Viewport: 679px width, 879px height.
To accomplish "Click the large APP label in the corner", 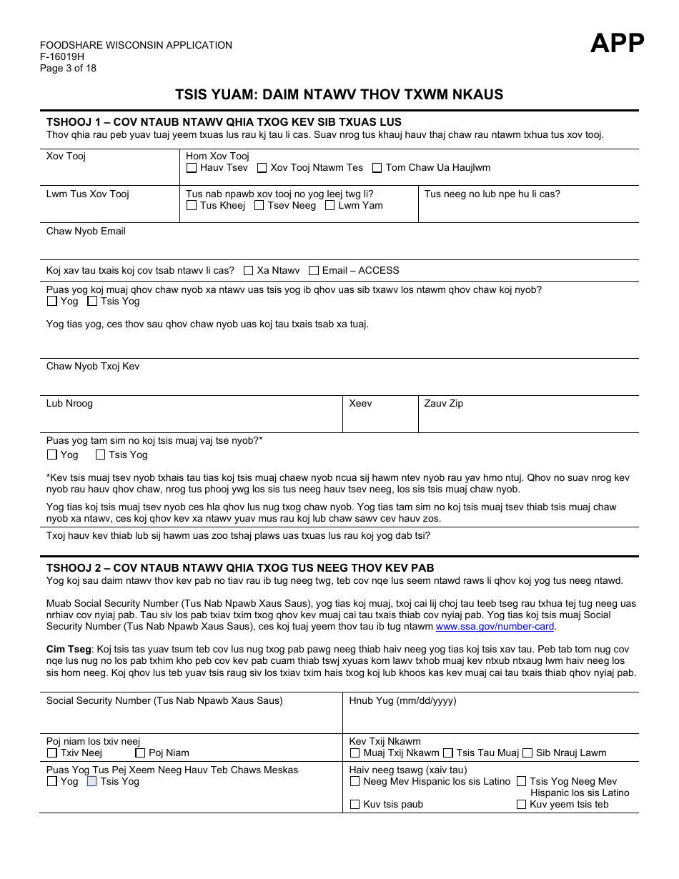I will coord(617,44).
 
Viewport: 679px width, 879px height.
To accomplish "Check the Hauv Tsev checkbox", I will coord(192,168).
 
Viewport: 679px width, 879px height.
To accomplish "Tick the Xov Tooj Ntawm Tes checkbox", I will coord(262,168).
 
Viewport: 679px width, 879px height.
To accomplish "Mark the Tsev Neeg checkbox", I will coord(259,206).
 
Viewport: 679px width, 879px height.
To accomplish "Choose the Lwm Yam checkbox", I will coord(329,206).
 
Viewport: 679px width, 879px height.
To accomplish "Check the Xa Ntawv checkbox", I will coord(248,271).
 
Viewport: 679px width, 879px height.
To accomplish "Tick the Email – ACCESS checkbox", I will coord(314,271).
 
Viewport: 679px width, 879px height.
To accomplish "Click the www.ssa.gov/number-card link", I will coord(495,627).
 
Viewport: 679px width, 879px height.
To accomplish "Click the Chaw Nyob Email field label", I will coord(86,232).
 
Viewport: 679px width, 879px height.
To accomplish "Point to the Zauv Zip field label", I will coord(444,404).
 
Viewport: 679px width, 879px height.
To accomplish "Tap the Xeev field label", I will coord(360,404).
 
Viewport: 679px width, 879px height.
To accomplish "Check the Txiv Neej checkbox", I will coord(51,753).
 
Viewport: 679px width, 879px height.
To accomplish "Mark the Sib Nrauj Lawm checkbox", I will coord(527,753).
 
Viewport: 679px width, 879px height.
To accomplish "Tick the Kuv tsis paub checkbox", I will coord(355,805).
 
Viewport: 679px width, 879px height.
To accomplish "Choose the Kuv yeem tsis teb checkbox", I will coord(521,805).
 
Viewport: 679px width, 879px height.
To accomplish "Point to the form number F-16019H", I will coord(62,57).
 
